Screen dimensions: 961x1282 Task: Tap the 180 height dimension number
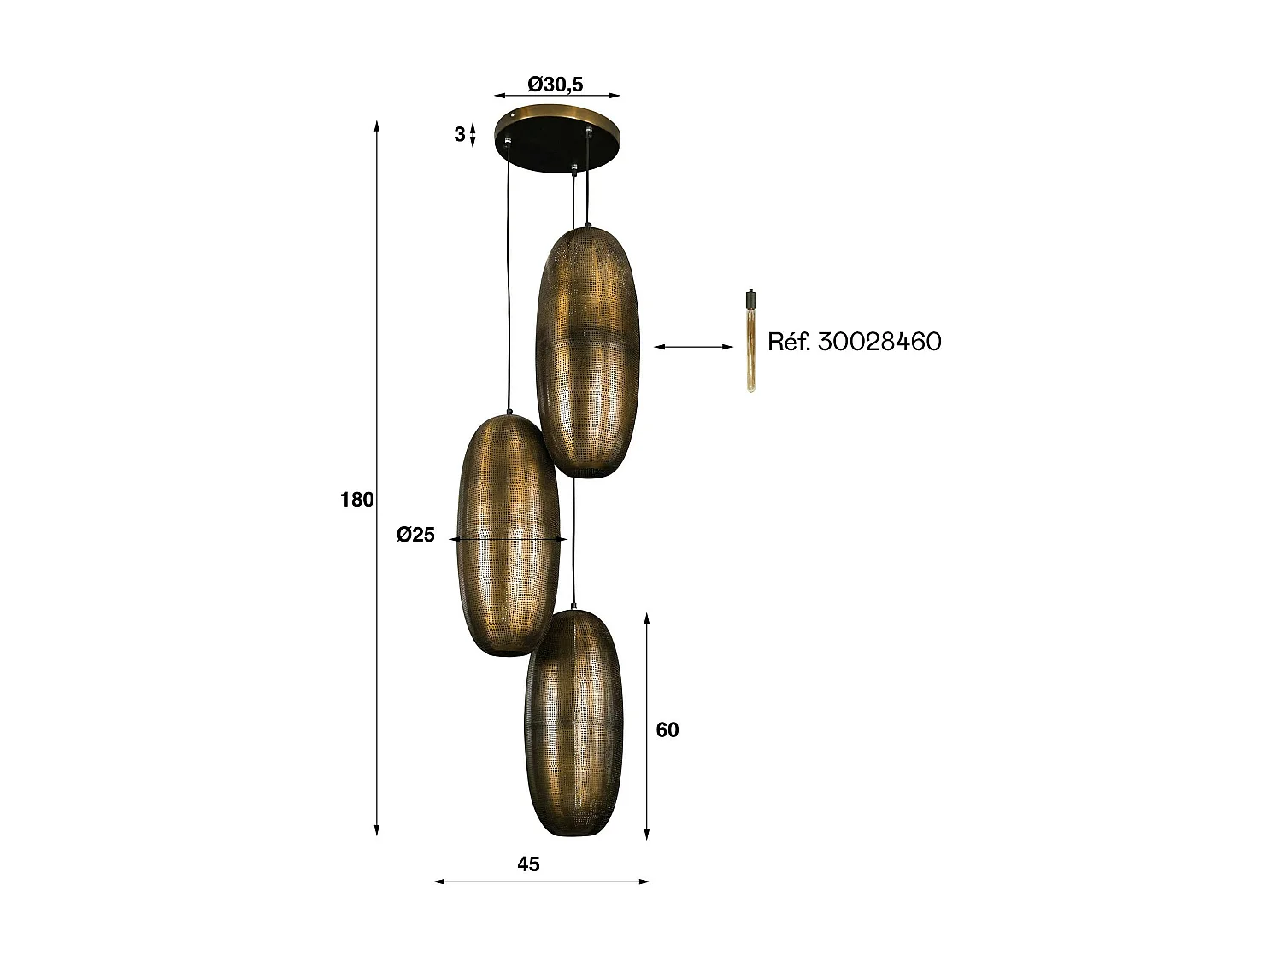click(357, 500)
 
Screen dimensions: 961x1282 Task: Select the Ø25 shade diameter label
click(416, 536)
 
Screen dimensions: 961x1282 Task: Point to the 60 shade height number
click(667, 730)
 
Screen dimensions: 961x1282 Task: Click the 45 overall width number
click(528, 864)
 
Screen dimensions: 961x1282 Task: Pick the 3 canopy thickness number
click(460, 134)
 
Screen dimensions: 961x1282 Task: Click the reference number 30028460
click(879, 342)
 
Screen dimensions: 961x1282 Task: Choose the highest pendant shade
click(589, 350)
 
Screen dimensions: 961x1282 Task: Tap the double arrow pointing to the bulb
click(693, 346)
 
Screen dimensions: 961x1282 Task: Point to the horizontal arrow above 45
click(542, 882)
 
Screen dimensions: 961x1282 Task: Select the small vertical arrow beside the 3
click(473, 134)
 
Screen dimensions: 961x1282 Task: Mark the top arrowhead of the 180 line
click(377, 125)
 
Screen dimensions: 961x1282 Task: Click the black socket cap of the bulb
click(750, 299)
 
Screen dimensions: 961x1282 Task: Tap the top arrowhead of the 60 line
click(647, 615)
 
